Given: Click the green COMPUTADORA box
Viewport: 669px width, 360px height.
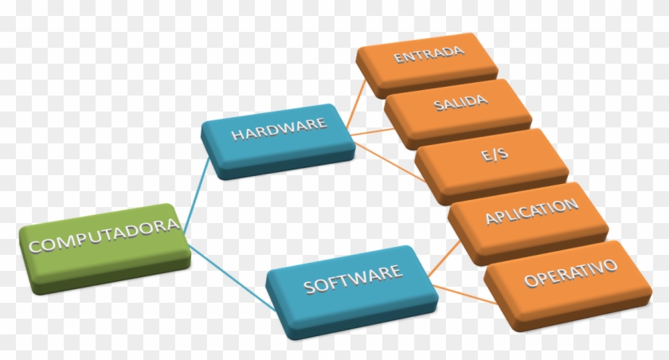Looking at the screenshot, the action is point(104,248).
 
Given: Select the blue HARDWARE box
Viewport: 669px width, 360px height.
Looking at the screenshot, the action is point(278,141).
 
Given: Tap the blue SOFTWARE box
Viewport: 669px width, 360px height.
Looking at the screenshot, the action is point(352,292).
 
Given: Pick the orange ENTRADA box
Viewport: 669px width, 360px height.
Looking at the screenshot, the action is point(427,64).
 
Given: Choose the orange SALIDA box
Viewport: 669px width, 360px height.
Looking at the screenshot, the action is point(458,112).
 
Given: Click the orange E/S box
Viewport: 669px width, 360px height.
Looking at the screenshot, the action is point(491,165).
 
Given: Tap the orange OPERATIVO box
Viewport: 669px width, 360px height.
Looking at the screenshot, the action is point(568,284).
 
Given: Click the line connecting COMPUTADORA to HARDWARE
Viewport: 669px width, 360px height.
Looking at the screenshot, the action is point(196,195).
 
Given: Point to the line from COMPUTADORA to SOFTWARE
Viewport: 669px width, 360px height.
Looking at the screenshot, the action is point(231,277).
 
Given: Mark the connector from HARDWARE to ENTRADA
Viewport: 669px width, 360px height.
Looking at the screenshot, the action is point(356,103).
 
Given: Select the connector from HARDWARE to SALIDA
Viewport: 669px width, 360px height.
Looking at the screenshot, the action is point(372,131).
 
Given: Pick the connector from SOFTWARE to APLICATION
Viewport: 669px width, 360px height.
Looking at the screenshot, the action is point(444,259).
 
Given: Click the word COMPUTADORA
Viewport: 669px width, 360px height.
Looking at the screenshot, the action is point(104,236).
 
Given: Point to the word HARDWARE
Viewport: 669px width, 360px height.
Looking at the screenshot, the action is point(279,129).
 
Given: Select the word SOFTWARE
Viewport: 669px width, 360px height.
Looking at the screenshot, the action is point(353,280).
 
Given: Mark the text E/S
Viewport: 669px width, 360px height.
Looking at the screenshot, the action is point(495,154).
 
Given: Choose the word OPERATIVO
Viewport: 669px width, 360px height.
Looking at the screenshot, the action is point(570,272).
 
